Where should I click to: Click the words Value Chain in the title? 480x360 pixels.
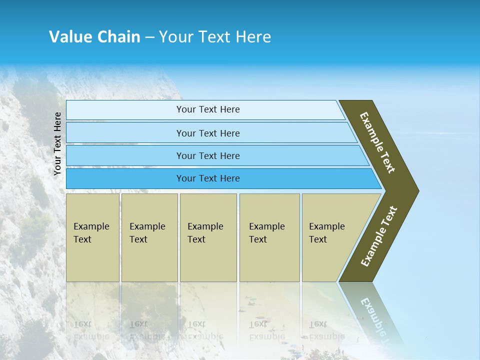[94, 37]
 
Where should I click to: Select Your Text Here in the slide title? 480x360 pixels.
[215, 37]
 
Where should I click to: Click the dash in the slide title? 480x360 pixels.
[149, 37]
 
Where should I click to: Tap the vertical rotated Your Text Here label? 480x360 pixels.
[57, 144]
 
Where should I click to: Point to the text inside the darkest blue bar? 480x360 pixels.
[208, 178]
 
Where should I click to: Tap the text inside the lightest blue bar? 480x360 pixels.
[208, 109]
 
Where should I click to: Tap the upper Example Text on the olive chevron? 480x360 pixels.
[378, 142]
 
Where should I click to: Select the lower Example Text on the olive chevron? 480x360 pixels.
[379, 236]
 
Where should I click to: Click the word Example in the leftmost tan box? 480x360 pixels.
[91, 226]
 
